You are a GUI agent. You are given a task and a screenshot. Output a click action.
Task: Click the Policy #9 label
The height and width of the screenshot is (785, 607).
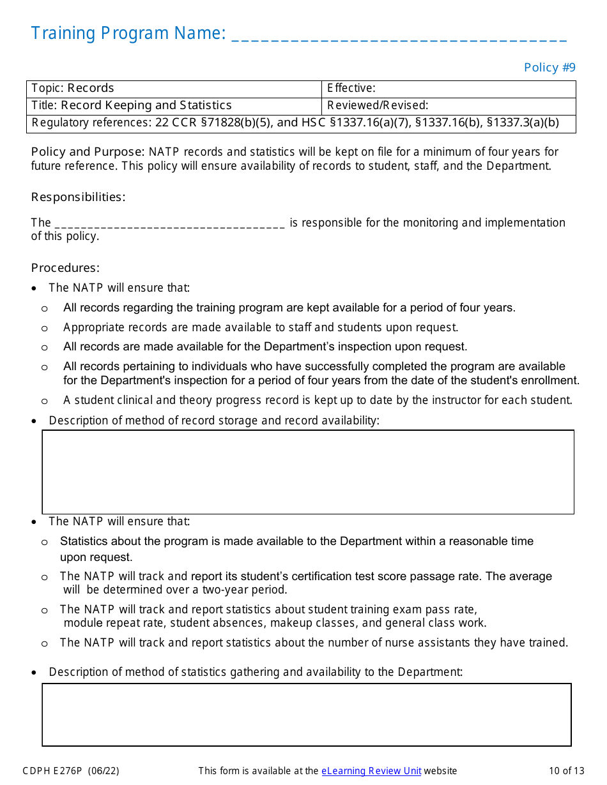pos(549,68)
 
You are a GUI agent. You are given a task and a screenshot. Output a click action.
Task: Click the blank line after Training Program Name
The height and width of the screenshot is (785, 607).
pos(399,35)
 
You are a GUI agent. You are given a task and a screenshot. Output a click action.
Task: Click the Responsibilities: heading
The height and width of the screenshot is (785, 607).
pos(78,197)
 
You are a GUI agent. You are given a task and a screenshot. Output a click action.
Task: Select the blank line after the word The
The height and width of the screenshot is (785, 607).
pos(170,224)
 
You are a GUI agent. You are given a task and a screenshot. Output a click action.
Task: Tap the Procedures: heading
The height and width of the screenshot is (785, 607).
pos(65,268)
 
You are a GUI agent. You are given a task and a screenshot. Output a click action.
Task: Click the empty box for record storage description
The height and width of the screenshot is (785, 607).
pos(308,472)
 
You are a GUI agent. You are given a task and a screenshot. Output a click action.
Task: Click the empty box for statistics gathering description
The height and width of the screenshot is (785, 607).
pos(307,715)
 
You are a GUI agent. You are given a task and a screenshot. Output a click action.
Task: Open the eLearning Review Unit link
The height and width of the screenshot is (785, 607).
pos(371,771)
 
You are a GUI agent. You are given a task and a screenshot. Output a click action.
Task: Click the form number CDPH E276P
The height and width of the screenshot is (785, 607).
pos(52,771)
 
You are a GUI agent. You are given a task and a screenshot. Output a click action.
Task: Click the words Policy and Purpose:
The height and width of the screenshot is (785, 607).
pos(88,152)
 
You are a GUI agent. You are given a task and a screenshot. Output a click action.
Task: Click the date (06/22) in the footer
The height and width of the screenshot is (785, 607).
pos(104,771)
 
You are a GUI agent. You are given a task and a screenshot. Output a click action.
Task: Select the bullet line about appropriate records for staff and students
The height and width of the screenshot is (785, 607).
pos(261,327)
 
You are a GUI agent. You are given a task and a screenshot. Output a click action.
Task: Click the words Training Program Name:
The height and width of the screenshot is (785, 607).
pos(128,33)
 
